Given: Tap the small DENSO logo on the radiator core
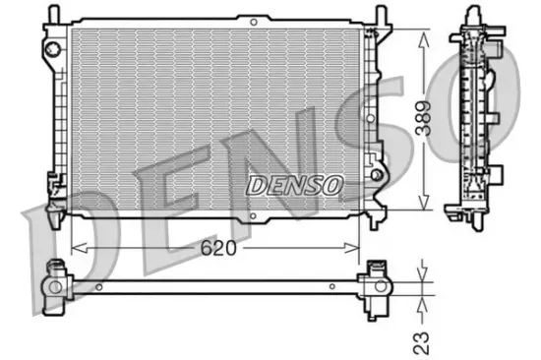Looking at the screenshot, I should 294,183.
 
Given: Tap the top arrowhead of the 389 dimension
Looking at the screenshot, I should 423,35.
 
